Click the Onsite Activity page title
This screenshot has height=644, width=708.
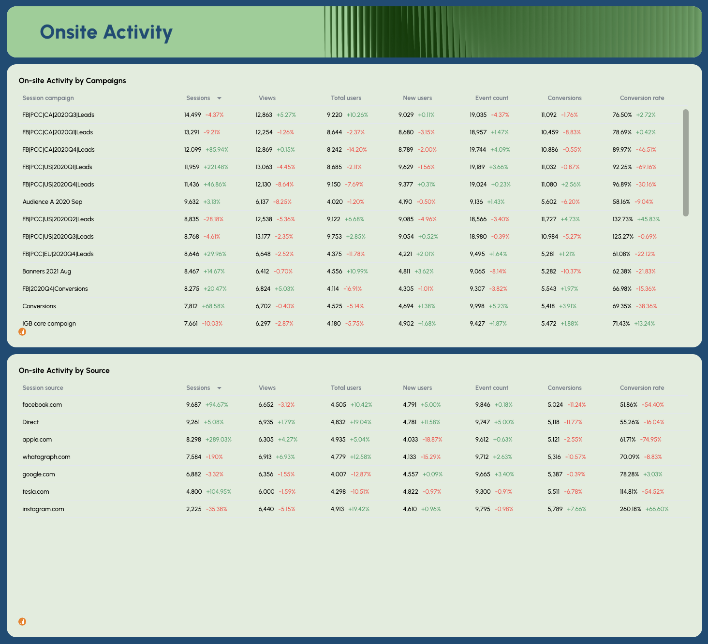pyautogui.click(x=106, y=32)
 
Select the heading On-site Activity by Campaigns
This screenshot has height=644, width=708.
pyautogui.click(x=72, y=81)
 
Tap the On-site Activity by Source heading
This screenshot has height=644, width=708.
pyautogui.click(x=64, y=371)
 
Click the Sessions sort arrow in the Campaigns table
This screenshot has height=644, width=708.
pyautogui.click(x=219, y=98)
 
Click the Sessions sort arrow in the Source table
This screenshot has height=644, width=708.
pyautogui.click(x=219, y=388)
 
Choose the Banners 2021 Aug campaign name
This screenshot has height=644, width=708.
pyautogui.click(x=46, y=272)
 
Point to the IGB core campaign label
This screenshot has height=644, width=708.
pyautogui.click(x=49, y=324)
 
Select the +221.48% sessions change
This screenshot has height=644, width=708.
pyautogui.click(x=216, y=167)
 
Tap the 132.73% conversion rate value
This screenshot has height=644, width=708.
pyautogui.click(x=622, y=219)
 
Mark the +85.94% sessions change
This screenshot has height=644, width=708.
pyautogui.click(x=217, y=150)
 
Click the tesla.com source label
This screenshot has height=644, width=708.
pyautogui.click(x=36, y=492)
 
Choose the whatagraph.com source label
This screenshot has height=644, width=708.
pyautogui.click(x=46, y=457)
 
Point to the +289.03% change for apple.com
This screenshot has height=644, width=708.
pyautogui.click(x=218, y=440)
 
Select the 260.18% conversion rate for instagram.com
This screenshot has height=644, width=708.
pyautogui.click(x=630, y=509)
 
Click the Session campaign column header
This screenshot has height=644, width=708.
pyautogui.click(x=48, y=98)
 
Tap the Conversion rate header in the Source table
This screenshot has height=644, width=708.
pyautogui.click(x=642, y=388)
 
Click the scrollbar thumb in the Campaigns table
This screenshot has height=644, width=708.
pyautogui.click(x=685, y=162)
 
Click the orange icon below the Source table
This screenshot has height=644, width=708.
pyautogui.click(x=22, y=622)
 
